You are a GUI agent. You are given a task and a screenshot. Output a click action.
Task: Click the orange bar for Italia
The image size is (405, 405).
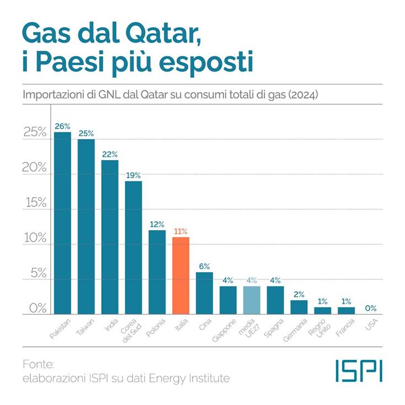(x=181, y=276)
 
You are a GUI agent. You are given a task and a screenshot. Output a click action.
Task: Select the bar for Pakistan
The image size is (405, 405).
(x=62, y=223)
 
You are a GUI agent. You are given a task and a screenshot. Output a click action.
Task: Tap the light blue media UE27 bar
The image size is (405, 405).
(x=252, y=300)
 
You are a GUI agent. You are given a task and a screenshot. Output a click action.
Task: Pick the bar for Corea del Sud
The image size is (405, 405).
(x=134, y=248)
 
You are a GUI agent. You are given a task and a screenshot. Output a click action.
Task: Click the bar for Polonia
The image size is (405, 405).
(x=157, y=272)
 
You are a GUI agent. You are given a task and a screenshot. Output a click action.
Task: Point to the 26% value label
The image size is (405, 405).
(x=62, y=126)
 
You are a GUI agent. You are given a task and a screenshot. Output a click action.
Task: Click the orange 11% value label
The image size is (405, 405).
(x=181, y=231)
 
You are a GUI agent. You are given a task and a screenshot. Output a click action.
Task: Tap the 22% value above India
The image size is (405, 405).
(x=110, y=154)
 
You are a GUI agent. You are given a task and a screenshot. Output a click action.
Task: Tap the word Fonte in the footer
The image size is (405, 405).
(x=39, y=365)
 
